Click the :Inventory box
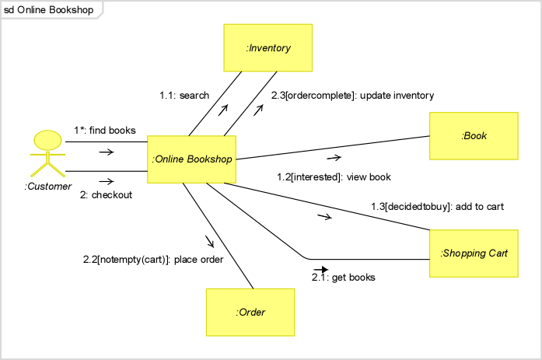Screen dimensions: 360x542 click(x=268, y=47)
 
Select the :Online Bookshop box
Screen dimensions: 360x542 click(x=191, y=159)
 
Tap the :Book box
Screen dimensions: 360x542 click(x=474, y=135)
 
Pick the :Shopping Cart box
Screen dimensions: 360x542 click(x=474, y=253)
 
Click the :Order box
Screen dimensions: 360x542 click(x=250, y=312)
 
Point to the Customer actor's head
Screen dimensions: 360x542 click(x=47, y=140)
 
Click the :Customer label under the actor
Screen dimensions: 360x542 click(x=47, y=187)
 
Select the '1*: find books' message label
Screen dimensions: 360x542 click(x=105, y=130)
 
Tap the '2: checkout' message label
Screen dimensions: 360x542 click(x=106, y=195)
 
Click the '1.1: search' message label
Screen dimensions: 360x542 click(x=184, y=96)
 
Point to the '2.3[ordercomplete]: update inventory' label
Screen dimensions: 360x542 click(x=352, y=96)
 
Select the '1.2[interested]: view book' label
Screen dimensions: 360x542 click(x=334, y=177)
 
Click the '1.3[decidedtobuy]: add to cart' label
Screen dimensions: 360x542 click(x=437, y=207)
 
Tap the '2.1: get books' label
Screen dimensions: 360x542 click(x=344, y=277)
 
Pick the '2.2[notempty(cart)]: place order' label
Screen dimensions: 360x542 click(x=153, y=260)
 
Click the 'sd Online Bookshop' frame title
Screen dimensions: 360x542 click(x=48, y=10)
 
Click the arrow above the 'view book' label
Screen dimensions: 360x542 click(x=334, y=158)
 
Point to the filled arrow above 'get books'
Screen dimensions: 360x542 click(x=320, y=270)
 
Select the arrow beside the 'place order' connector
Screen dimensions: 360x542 click(x=209, y=241)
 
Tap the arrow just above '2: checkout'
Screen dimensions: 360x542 click(x=106, y=182)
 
